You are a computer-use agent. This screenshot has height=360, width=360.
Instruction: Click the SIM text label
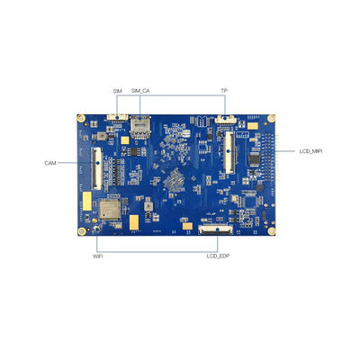point(117,91)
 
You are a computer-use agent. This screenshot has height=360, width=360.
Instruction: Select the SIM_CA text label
point(140,91)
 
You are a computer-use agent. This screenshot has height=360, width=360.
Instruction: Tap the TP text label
point(224,91)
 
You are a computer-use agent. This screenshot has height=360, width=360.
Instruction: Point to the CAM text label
point(50,163)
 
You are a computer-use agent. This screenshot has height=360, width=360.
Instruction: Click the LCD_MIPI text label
point(310,151)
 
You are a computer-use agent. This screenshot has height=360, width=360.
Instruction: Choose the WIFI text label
point(98,256)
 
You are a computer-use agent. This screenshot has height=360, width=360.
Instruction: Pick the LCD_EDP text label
point(219,256)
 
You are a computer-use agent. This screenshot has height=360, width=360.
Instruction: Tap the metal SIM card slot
point(139,126)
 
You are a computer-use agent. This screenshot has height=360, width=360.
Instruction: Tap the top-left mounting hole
point(82,119)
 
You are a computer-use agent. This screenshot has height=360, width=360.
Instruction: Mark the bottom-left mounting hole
point(82,229)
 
